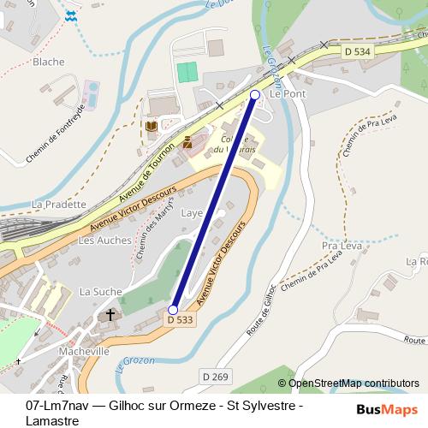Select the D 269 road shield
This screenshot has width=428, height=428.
click(x=217, y=376)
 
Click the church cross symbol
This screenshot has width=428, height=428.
click(x=110, y=316)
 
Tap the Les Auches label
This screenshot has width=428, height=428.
click(x=104, y=241)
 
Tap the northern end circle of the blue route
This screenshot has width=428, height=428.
click(x=255, y=95)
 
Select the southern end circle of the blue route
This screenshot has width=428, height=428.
click(x=173, y=310)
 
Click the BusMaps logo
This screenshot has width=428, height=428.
click(x=392, y=409)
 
